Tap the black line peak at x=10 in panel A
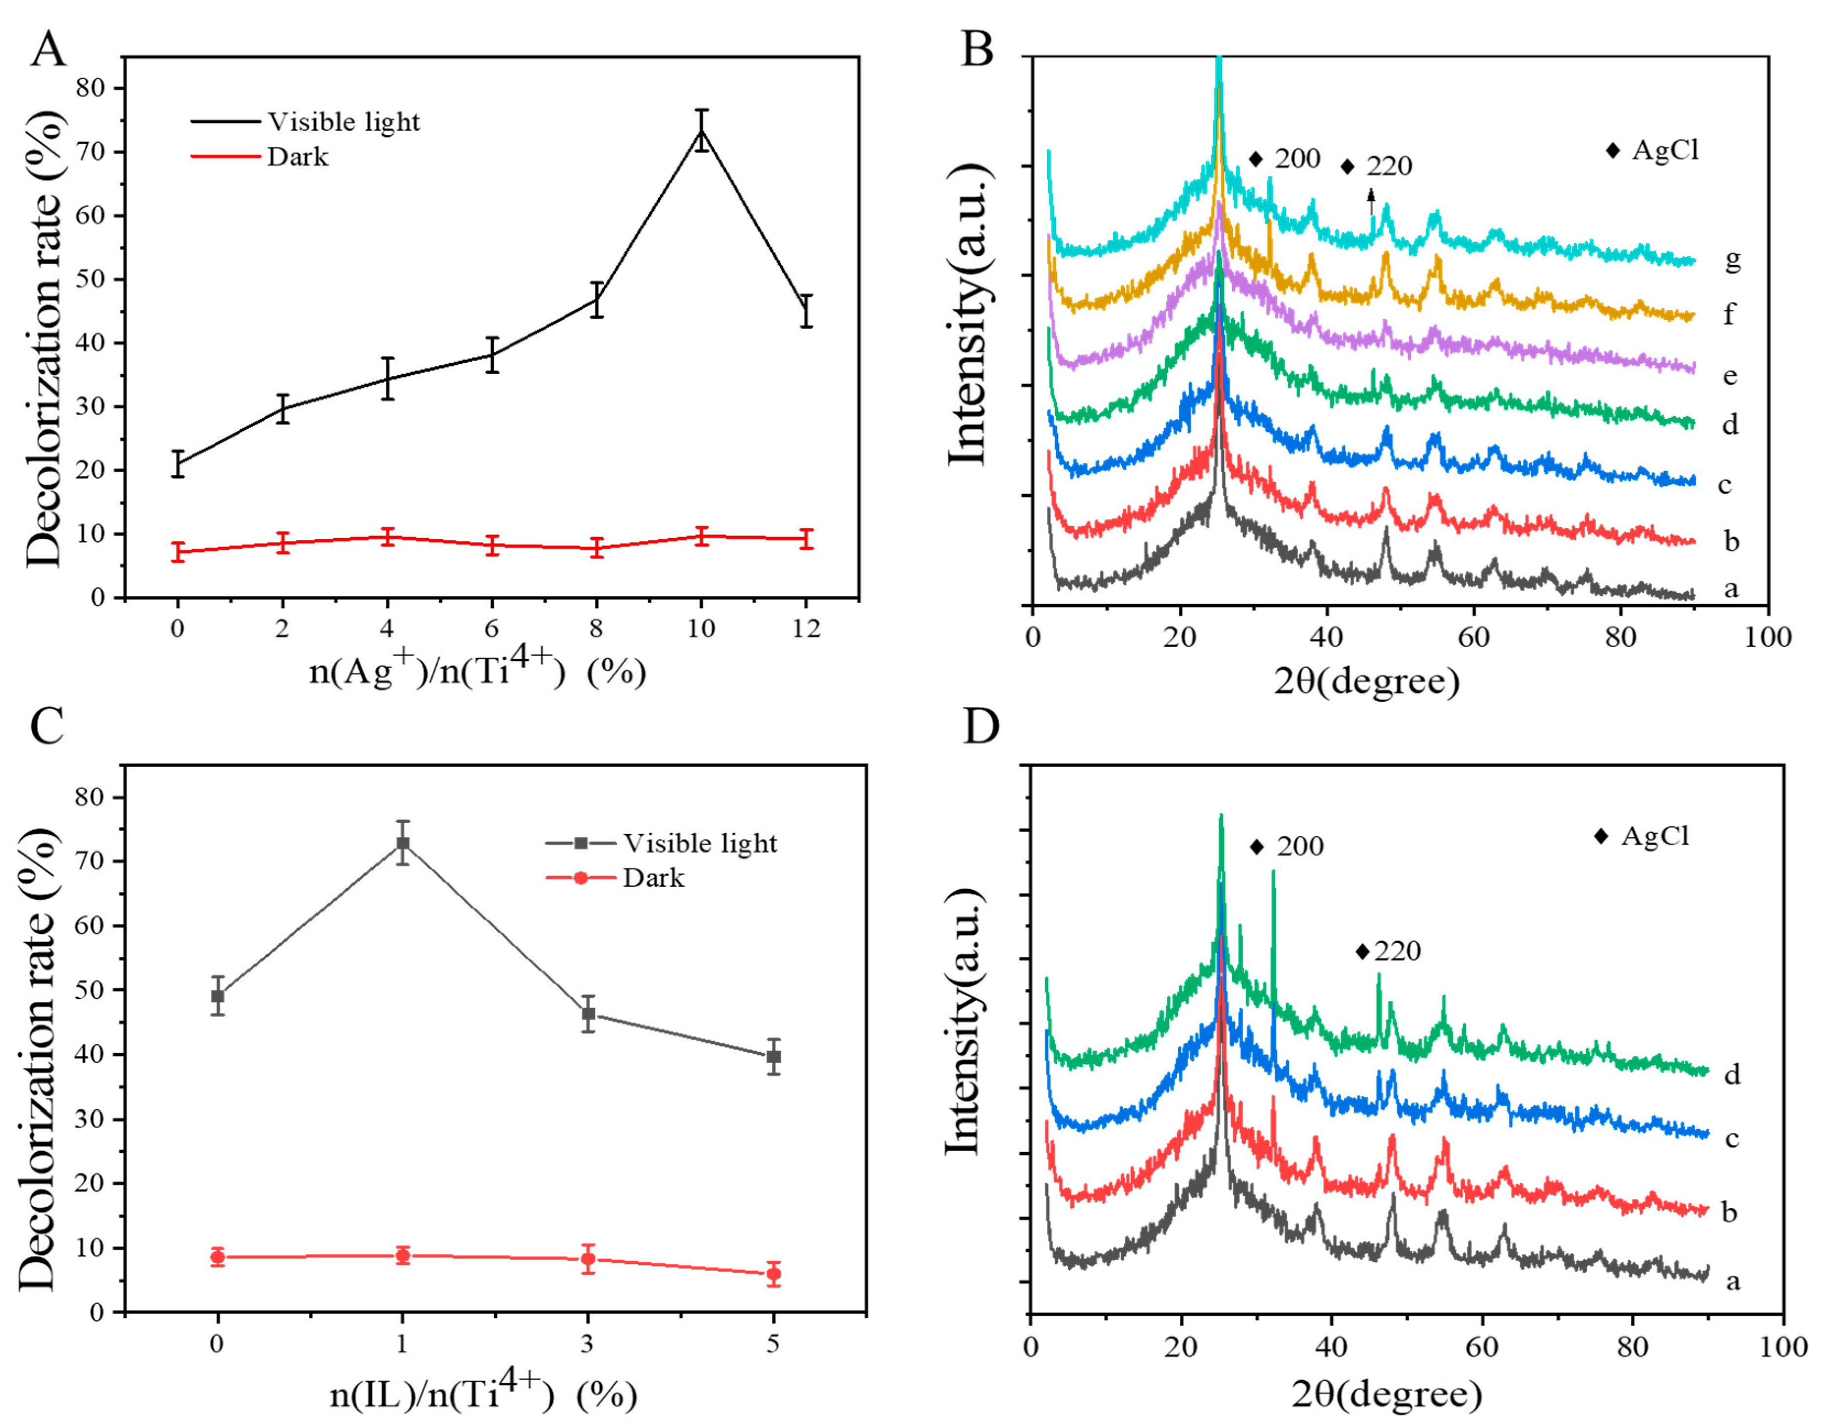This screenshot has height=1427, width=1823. pos(702,130)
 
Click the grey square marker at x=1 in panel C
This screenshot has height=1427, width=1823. pos(403,843)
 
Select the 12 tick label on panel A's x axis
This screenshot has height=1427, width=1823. pos(805,628)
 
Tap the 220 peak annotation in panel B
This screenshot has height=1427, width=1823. pos(1389,166)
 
